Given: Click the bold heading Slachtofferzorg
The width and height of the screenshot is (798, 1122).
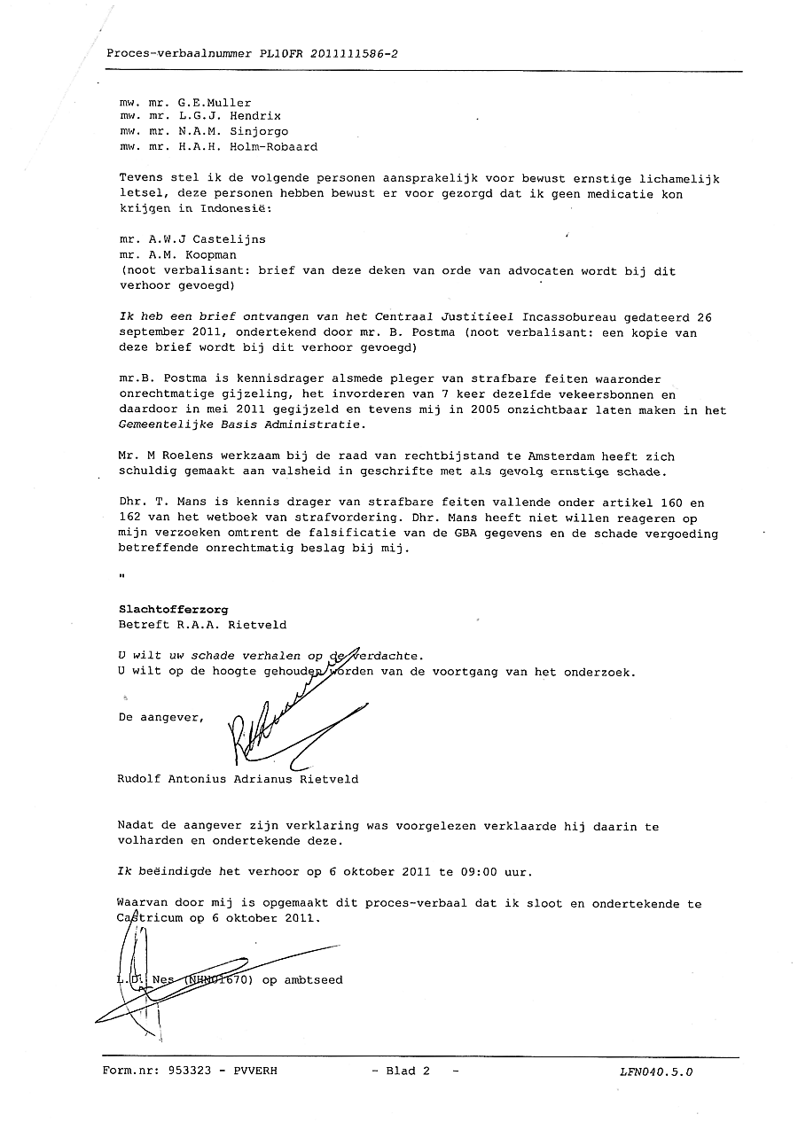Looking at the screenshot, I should coord(174,610).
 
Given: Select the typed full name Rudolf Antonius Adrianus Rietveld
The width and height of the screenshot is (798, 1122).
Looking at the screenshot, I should coord(238,780).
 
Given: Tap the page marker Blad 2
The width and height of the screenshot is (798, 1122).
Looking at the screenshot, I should coord(407,1071).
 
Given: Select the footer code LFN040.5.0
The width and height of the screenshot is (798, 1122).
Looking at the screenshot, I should coord(657,1072).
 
